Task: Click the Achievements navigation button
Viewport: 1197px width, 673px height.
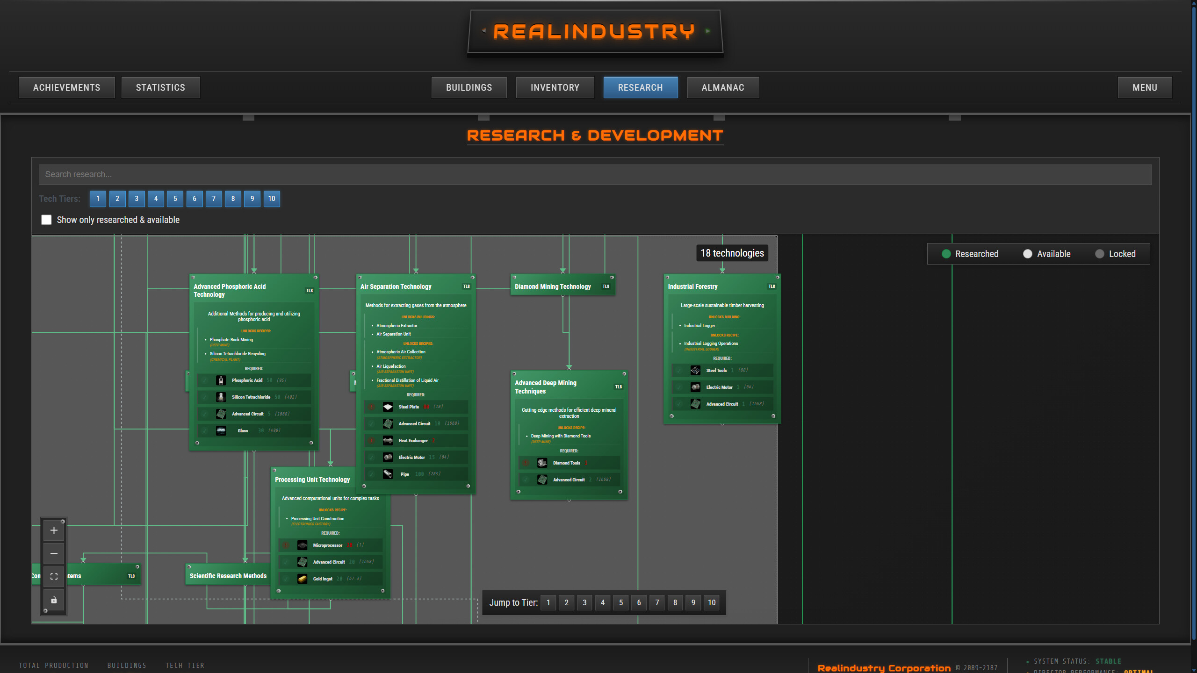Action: (x=66, y=87)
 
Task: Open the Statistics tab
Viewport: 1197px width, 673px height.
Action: (x=160, y=87)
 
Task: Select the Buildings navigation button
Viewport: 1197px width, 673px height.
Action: (x=469, y=87)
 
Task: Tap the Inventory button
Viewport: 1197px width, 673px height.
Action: (x=555, y=87)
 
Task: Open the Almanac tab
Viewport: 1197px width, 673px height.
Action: (x=722, y=87)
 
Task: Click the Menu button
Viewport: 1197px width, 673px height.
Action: (x=1144, y=87)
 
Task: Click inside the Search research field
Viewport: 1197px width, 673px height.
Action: (x=595, y=174)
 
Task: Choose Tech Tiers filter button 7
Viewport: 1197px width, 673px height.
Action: (x=214, y=199)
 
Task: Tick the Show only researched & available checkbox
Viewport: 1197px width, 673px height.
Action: (x=46, y=220)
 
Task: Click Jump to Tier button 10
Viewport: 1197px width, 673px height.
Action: (x=711, y=602)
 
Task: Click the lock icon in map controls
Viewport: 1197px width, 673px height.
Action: (x=54, y=600)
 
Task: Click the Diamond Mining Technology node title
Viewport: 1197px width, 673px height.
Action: (x=553, y=286)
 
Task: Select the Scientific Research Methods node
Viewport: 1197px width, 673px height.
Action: (x=228, y=576)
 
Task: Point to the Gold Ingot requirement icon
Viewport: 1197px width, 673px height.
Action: (x=303, y=579)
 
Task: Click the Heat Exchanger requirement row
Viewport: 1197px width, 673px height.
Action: (x=416, y=440)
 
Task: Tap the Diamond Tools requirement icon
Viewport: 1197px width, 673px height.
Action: (x=542, y=463)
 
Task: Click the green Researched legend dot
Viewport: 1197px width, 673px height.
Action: (x=946, y=254)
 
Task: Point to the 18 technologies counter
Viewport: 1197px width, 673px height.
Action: (x=732, y=253)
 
